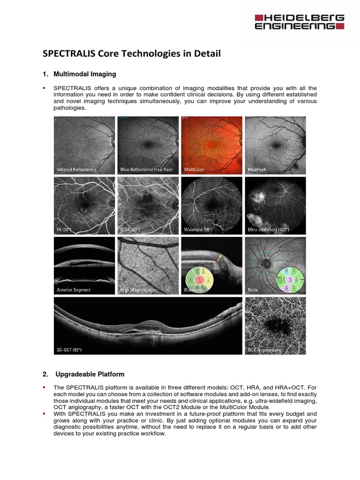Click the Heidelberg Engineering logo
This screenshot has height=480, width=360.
[299, 22]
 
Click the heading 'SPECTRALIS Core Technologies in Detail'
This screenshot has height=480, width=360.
[131, 53]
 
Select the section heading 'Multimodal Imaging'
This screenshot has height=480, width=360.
[84, 74]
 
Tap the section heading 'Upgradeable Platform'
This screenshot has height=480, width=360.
[90, 374]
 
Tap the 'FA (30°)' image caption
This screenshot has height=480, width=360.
[64, 230]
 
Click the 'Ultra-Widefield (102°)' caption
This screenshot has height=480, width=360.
[268, 230]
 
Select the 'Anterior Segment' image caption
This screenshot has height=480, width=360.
[73, 290]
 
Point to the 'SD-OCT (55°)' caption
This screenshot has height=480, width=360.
[69, 350]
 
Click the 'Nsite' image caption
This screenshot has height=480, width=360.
[253, 290]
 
